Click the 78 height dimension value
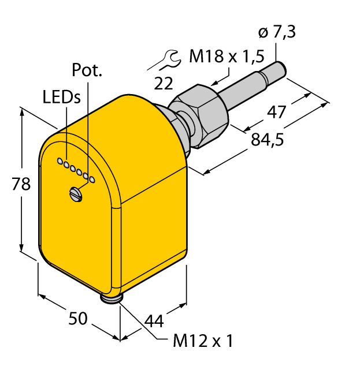[x=21, y=184]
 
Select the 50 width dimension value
[x=78, y=318]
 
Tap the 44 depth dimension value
[x=154, y=321]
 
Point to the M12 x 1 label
[x=203, y=341]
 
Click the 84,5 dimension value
[x=268, y=140]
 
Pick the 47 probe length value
[x=276, y=112]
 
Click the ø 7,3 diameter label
[x=277, y=32]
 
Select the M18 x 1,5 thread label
[x=227, y=57]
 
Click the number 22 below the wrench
[x=164, y=84]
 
